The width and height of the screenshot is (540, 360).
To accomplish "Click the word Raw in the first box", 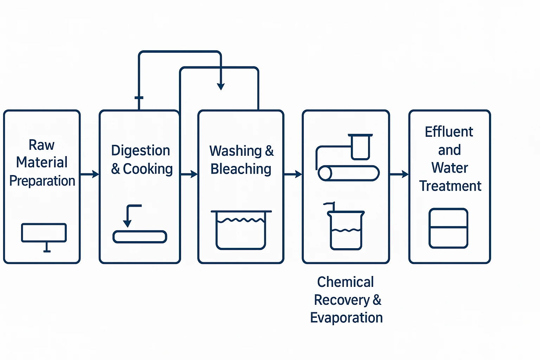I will click(41, 145).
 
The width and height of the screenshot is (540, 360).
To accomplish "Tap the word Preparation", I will click(42, 181).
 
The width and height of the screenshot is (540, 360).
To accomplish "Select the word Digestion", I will click(141, 150).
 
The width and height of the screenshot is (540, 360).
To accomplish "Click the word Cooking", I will click(148, 169).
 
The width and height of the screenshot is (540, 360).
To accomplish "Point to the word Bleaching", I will click(241, 169).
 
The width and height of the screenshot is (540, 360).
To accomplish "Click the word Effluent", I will click(449, 132).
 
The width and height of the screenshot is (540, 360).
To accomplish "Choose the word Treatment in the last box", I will click(450, 186).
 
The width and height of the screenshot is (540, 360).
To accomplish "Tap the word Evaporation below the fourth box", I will click(346, 318).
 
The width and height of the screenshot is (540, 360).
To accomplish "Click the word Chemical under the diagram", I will click(346, 282).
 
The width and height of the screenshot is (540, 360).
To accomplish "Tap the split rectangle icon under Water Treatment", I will click(448, 228).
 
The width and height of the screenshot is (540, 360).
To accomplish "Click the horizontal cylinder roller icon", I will click(348, 173).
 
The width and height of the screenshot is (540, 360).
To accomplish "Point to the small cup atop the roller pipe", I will click(360, 147).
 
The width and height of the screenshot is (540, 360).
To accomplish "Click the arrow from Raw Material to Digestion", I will click(90, 174).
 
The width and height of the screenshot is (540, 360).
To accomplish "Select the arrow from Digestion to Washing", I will click(189, 174).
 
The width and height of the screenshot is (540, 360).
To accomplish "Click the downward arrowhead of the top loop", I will click(221, 86).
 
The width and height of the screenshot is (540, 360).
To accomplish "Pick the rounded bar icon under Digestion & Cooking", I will click(140, 237).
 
